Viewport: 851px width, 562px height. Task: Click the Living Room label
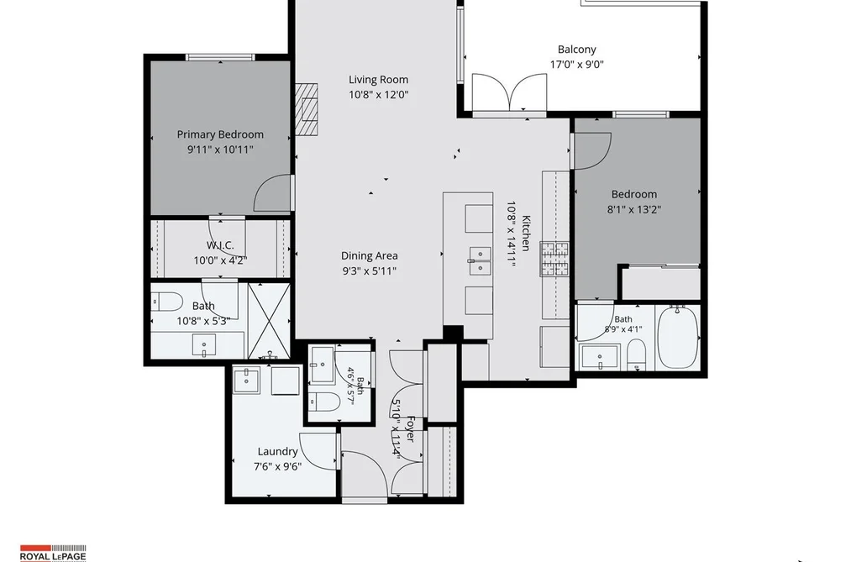tap(378, 80)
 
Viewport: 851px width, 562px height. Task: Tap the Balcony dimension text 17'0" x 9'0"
tap(577, 65)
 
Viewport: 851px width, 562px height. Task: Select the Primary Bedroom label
tap(220, 134)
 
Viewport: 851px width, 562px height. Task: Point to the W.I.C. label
tap(220, 245)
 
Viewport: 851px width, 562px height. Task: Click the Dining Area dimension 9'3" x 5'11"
tap(369, 270)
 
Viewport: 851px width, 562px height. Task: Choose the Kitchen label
tap(525, 234)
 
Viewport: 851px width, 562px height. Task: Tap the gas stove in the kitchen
tap(554, 259)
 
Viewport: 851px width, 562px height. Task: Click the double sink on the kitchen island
tap(480, 260)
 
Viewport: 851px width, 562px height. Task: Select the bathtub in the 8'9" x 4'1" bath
tap(678, 337)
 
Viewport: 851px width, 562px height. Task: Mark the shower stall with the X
tap(268, 320)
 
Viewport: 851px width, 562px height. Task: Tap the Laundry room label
tap(277, 451)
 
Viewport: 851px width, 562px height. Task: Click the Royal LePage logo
tap(53, 553)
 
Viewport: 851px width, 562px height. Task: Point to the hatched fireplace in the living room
tap(306, 109)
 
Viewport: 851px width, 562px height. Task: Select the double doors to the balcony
tap(508, 93)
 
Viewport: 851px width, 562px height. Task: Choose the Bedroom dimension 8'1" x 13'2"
tap(634, 209)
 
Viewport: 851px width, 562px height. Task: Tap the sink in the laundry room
tap(249, 380)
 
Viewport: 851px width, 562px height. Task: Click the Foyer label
tap(411, 429)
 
